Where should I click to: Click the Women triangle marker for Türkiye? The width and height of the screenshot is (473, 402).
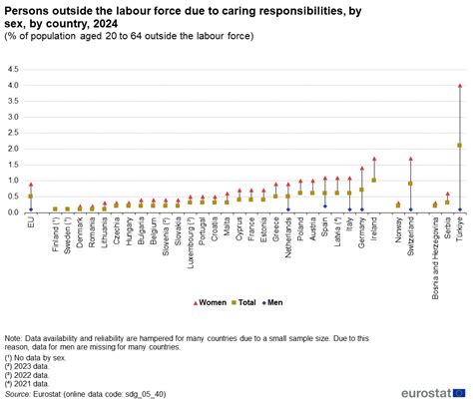click(x=459, y=86)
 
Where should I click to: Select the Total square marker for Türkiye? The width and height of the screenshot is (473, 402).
click(x=459, y=146)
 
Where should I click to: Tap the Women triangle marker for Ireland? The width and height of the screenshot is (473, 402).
click(x=374, y=159)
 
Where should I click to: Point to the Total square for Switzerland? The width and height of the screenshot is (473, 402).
click(x=410, y=184)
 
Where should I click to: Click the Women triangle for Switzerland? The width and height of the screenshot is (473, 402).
click(x=410, y=159)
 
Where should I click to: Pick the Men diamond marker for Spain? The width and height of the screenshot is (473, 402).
click(x=324, y=206)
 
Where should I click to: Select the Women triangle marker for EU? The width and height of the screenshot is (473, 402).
click(x=30, y=185)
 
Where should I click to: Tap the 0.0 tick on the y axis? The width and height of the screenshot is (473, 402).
click(x=13, y=212)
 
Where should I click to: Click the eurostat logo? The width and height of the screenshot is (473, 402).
click(x=424, y=385)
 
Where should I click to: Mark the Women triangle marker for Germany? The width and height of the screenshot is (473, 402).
click(x=361, y=169)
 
